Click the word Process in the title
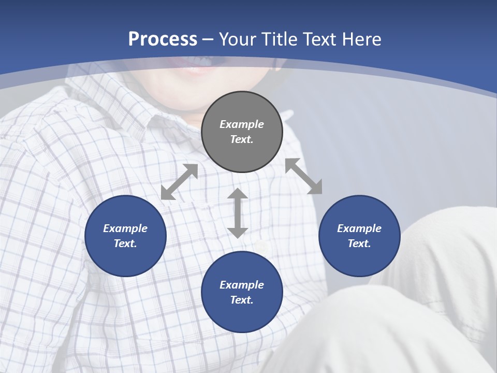point(163,39)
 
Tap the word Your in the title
point(239,39)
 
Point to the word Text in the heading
point(319,39)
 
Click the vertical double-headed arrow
point(238,213)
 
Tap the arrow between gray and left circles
point(179,182)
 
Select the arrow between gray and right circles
point(304,176)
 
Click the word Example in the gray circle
point(242,124)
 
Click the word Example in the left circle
point(125,228)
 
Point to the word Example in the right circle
point(359,228)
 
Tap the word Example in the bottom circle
point(242,285)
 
